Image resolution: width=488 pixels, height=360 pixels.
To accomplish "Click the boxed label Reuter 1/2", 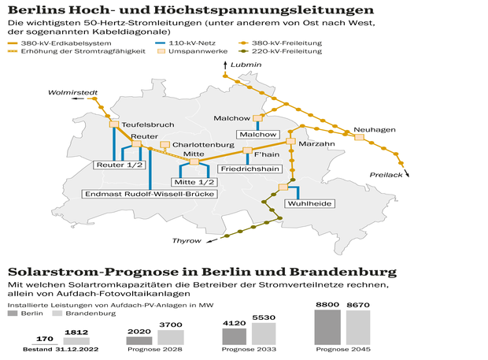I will (120, 165).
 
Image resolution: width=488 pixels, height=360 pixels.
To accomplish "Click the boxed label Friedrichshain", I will (249, 169).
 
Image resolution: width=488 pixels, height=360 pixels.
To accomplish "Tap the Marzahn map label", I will (317, 145).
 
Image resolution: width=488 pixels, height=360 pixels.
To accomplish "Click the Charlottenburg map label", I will (203, 146).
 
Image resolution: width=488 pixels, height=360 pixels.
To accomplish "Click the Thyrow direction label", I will (187, 241).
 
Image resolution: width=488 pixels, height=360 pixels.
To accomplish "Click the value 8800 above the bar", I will (328, 303).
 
